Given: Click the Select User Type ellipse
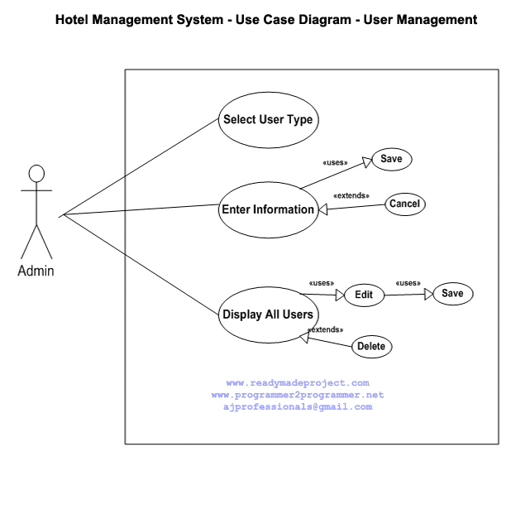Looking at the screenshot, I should point(268,119).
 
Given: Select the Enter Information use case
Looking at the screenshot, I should point(268,209).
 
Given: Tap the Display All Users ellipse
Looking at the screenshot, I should point(268,314).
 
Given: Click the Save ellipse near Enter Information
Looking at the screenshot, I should point(391,160).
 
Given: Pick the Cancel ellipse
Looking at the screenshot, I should point(405,204).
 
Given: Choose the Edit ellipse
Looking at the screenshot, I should point(364,295).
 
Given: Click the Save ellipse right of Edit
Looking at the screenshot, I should point(453,294).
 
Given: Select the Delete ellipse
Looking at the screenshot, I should point(371,347).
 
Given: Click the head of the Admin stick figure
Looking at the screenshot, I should point(36,174).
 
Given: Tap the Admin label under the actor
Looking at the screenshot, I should point(36,271).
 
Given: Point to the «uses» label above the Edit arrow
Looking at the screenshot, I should point(321,281).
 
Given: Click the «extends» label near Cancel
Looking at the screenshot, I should point(351,196).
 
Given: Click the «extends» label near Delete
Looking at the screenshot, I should point(325,329).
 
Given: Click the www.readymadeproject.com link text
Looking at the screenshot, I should point(298,383).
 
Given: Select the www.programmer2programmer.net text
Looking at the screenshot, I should point(298,395).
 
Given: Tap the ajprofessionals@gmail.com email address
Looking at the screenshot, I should point(298,406).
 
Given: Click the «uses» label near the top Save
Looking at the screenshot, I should point(334,162).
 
